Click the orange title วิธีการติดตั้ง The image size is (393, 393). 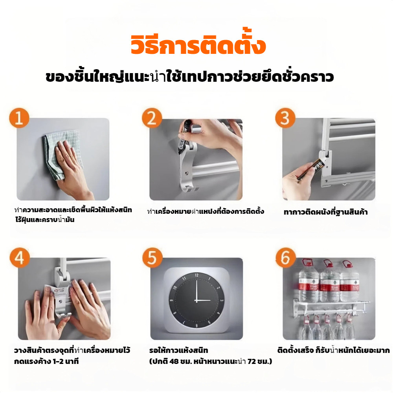coord(198,45)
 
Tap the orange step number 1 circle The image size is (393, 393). coord(19,118)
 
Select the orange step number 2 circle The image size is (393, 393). coord(152,118)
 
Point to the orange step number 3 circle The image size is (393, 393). coord(285,118)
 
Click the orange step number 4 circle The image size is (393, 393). coord(20,258)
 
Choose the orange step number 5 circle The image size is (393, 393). coord(152,258)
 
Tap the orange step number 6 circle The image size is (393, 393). coord(286,258)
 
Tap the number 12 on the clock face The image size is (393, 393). coord(197,275)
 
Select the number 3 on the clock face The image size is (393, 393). coord(222,300)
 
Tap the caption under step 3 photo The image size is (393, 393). coord(325,212)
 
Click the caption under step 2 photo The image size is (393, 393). coord(206,211)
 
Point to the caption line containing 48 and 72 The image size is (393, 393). coord(211,362)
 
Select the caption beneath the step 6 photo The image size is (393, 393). coord(333,350)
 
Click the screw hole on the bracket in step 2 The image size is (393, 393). coord(186,173)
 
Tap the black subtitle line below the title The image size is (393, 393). coord(189,77)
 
